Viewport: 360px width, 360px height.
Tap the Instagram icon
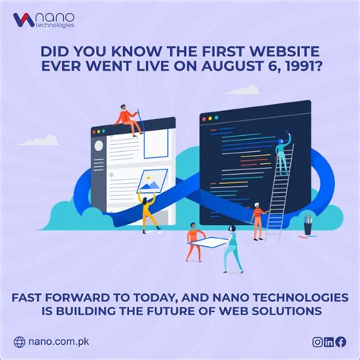click(x=317, y=342)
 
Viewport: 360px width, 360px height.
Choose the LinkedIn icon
click(x=330, y=342)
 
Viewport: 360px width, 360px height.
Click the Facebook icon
click(x=341, y=342)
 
